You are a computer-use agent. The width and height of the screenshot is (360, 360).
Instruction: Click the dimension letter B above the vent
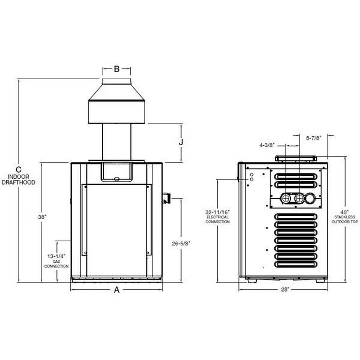tap(117, 69)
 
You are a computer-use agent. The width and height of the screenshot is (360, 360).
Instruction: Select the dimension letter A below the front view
tap(117, 290)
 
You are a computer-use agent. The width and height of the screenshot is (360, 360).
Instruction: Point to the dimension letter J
tap(181, 142)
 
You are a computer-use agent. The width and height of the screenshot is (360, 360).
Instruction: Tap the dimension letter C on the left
tap(19, 169)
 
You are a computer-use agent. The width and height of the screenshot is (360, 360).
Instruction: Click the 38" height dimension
tap(42, 217)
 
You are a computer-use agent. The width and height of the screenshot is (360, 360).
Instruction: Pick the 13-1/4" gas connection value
tap(57, 256)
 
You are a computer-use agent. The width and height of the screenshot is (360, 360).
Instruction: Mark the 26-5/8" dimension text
tap(181, 244)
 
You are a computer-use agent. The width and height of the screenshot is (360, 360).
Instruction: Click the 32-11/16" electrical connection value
tap(217, 212)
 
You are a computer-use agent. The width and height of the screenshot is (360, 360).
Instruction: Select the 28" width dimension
tap(284, 290)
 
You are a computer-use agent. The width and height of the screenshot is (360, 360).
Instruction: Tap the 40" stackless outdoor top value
tap(345, 212)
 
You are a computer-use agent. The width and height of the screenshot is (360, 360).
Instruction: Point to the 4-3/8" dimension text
tap(267, 145)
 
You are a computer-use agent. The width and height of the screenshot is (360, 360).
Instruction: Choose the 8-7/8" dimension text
tap(314, 137)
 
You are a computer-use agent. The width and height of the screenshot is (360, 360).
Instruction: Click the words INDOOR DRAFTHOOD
tap(19, 180)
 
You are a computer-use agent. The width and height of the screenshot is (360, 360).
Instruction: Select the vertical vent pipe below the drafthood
tap(117, 142)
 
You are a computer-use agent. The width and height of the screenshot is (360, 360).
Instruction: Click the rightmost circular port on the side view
tap(310, 199)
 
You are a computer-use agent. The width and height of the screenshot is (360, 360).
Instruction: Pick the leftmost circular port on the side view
tap(286, 199)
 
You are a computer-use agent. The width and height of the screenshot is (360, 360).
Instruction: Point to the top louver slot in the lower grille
tap(296, 217)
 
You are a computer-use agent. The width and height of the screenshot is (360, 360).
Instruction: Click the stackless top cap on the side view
tap(296, 158)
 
